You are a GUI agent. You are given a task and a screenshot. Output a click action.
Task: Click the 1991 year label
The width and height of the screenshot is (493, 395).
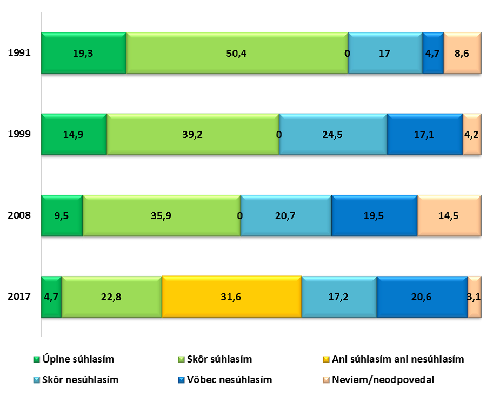pyautogui.click(x=19, y=53)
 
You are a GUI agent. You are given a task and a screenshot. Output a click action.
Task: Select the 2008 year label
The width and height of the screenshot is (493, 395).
pyautogui.click(x=19, y=215)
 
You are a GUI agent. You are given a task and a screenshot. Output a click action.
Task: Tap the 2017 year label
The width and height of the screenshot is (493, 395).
pyautogui.click(x=19, y=297)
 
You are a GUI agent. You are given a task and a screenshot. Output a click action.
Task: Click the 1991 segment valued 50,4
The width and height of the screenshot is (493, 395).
pyautogui.click(x=237, y=53)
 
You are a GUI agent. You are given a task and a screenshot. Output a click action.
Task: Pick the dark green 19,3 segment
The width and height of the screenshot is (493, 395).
pyautogui.click(x=84, y=53)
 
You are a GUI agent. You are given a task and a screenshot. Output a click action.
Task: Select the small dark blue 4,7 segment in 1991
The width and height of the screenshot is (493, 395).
pyautogui.click(x=433, y=53)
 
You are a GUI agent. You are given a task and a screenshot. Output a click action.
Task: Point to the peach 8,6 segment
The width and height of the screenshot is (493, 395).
pyautogui.click(x=462, y=53)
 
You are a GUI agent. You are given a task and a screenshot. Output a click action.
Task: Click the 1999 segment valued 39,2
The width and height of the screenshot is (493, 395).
pyautogui.click(x=192, y=134)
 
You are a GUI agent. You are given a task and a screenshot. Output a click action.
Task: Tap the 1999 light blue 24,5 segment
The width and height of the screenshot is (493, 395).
pyautogui.click(x=333, y=134)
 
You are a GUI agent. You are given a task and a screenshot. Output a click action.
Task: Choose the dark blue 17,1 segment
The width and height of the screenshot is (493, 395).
pyautogui.click(x=425, y=134)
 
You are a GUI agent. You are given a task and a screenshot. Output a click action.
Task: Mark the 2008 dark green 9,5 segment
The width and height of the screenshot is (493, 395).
pyautogui.click(x=62, y=215)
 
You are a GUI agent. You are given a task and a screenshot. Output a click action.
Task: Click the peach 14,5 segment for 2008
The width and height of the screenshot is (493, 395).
pyautogui.click(x=449, y=215)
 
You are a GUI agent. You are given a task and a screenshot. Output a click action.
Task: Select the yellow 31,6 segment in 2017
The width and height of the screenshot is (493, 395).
pyautogui.click(x=231, y=297)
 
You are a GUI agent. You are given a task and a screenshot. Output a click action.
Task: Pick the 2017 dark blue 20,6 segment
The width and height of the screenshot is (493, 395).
pyautogui.click(x=422, y=297)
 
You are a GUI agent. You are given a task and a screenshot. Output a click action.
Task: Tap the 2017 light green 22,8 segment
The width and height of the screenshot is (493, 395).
pyautogui.click(x=111, y=297)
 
